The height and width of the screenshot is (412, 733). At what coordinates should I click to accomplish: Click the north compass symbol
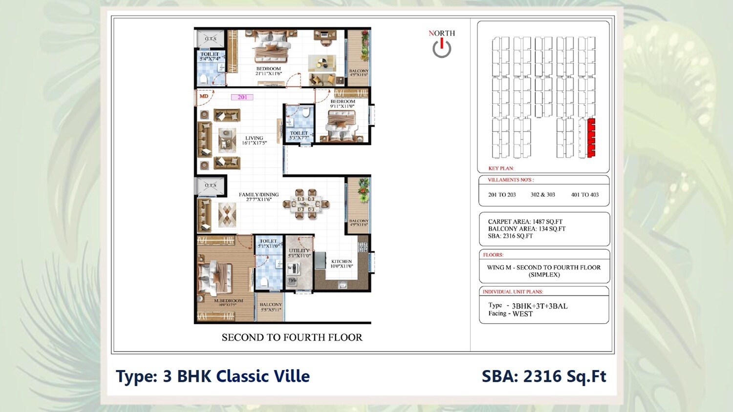click(442, 48)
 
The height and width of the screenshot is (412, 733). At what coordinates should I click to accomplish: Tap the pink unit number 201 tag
click(242, 97)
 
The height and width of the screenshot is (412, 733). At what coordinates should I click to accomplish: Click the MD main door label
click(204, 96)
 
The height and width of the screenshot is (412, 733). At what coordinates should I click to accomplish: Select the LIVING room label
click(254, 139)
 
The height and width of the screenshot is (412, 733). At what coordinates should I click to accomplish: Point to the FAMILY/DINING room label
click(259, 195)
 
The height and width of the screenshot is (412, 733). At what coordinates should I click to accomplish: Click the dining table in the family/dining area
click(306, 204)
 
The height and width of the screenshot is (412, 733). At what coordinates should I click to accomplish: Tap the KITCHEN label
click(341, 262)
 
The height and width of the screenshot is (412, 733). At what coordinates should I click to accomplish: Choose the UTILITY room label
click(299, 251)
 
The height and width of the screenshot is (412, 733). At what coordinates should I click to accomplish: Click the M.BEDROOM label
click(228, 301)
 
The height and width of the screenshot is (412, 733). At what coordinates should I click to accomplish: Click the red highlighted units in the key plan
click(591, 138)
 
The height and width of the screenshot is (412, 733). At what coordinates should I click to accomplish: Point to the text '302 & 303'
click(542, 195)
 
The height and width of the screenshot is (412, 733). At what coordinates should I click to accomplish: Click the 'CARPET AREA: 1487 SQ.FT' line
click(525, 222)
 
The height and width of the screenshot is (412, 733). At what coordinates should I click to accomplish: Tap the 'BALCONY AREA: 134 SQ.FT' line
click(526, 229)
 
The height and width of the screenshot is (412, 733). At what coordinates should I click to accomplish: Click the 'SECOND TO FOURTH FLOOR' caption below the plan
click(292, 337)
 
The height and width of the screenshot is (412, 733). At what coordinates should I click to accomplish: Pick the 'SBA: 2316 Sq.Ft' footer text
click(543, 376)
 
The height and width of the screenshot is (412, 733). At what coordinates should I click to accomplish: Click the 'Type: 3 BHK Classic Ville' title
click(213, 376)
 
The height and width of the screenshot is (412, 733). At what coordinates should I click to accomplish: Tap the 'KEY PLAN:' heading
click(501, 168)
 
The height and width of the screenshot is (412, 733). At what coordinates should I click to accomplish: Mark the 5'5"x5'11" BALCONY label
click(270, 305)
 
